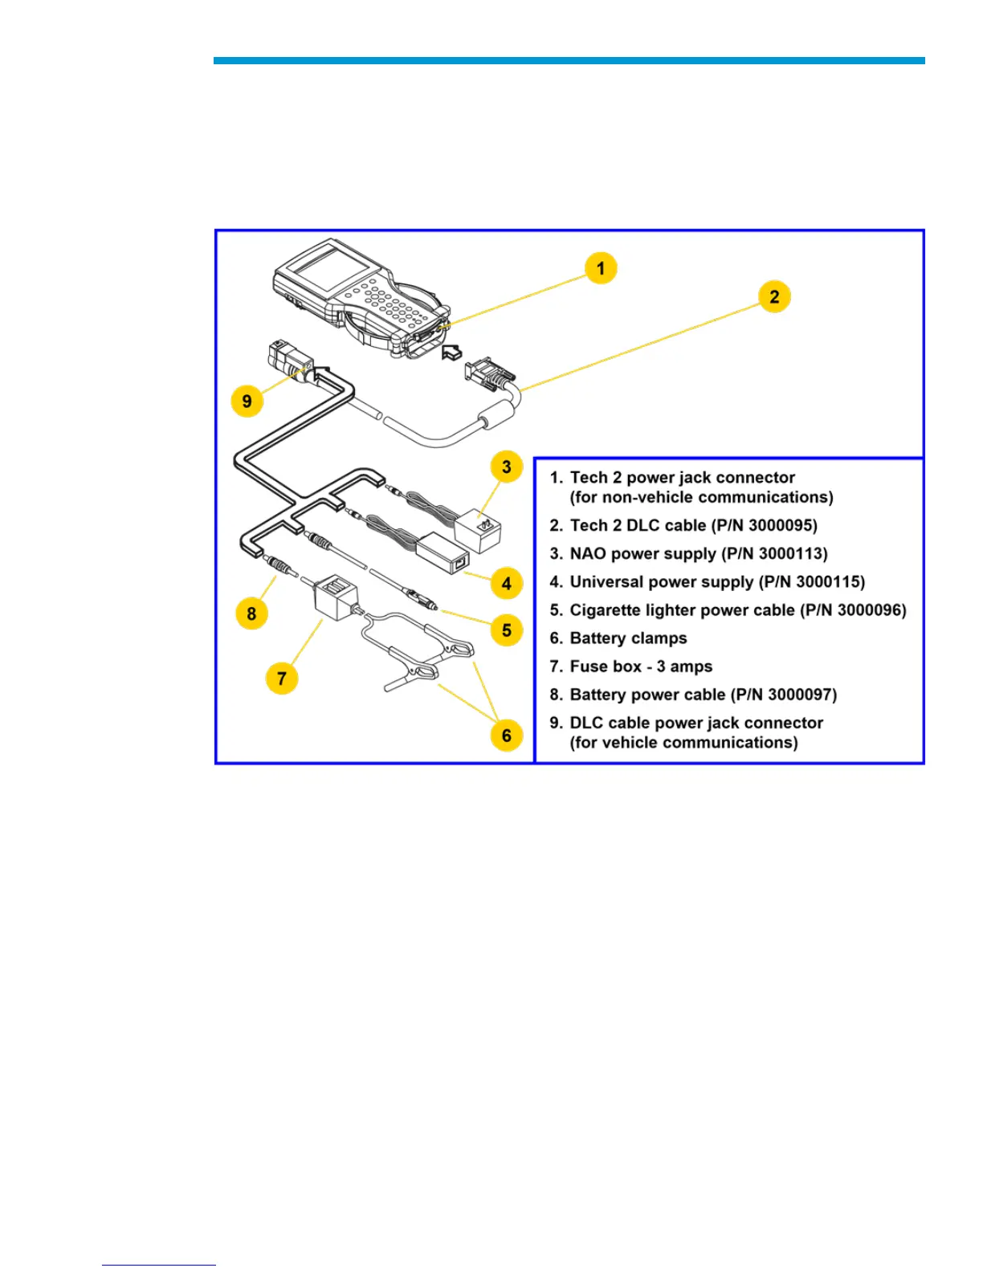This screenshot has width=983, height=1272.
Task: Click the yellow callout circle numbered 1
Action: (601, 268)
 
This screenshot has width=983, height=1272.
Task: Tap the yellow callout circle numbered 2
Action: (774, 296)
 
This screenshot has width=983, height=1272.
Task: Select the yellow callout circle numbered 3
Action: (507, 467)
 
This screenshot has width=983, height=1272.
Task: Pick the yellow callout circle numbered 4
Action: (507, 584)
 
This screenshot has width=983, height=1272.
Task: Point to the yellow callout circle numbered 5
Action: (507, 630)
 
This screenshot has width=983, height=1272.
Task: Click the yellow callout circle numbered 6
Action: (507, 736)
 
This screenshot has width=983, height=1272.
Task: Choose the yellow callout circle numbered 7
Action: (281, 679)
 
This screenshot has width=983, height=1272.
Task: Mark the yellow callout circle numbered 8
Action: (251, 614)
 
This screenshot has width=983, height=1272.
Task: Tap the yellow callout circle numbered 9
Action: (247, 401)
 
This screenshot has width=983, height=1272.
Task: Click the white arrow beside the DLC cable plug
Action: (452, 351)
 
